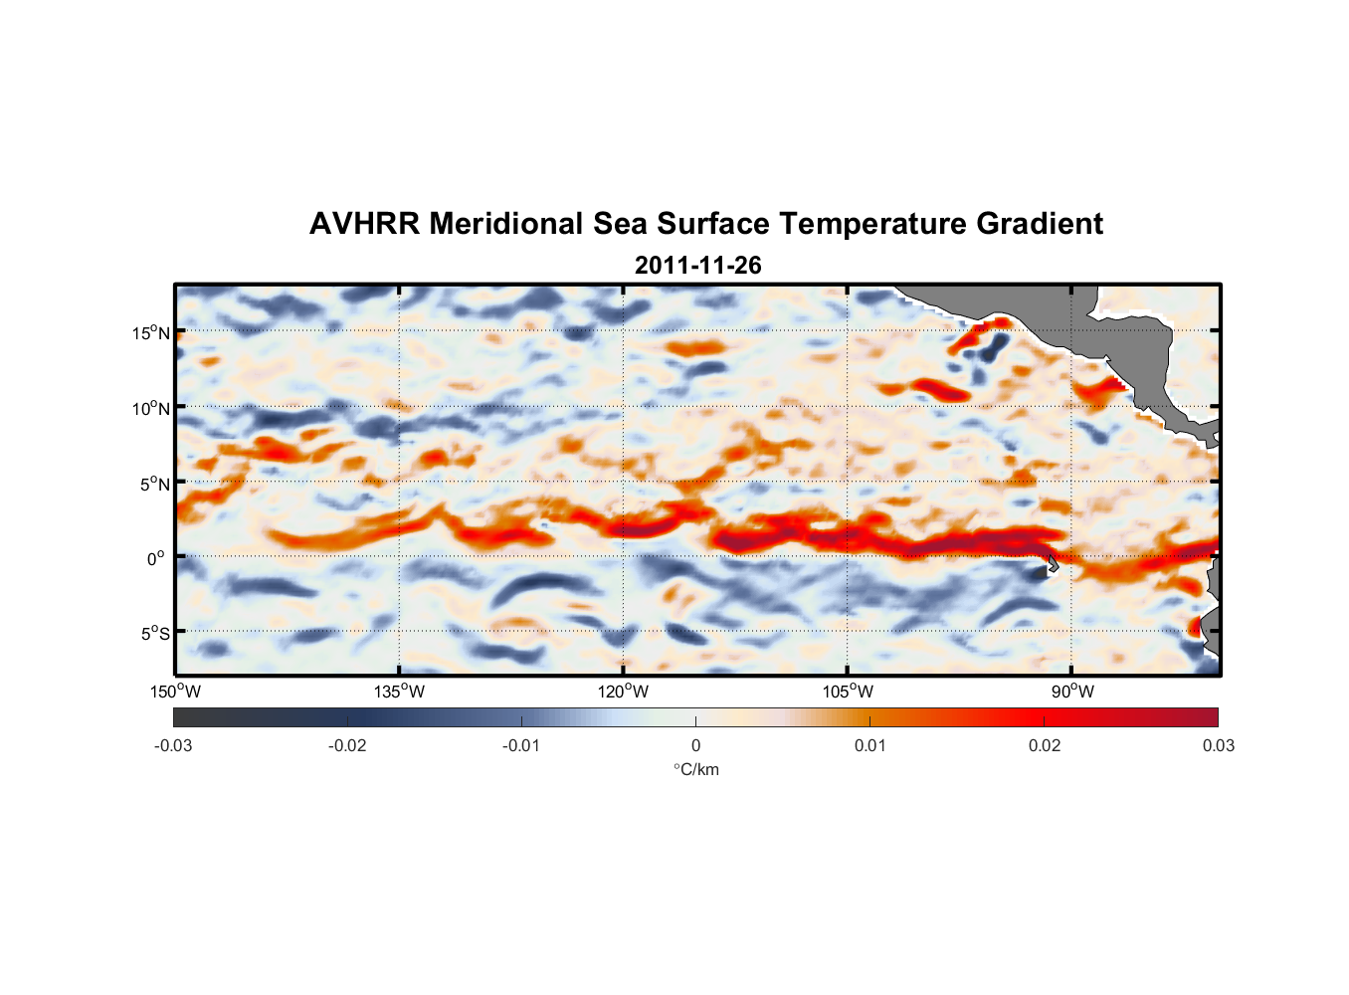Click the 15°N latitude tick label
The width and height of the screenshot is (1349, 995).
pyautogui.click(x=151, y=332)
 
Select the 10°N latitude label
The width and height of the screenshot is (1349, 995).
pyautogui.click(x=151, y=408)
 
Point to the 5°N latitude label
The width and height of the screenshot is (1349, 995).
pyautogui.click(x=151, y=484)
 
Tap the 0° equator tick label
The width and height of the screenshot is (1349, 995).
pyautogui.click(x=156, y=558)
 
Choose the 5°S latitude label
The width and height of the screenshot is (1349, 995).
pyautogui.click(x=151, y=633)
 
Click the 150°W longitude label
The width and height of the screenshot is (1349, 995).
pyautogui.click(x=176, y=692)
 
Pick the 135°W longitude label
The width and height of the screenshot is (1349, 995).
pyautogui.click(x=400, y=692)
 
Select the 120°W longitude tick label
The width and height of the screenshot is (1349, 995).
pyautogui.click(x=624, y=692)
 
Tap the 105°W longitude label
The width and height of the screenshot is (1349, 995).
pyautogui.click(x=848, y=692)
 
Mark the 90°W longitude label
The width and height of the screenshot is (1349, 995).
pyautogui.click(x=1072, y=692)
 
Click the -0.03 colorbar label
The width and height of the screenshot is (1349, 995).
pyautogui.click(x=173, y=745)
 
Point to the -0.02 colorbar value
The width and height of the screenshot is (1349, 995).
pyautogui.click(x=347, y=745)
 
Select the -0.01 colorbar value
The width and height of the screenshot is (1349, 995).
pyautogui.click(x=521, y=745)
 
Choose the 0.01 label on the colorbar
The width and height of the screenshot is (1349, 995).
pyautogui.click(x=869, y=745)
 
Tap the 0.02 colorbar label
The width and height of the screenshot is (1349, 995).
pyautogui.click(x=1045, y=745)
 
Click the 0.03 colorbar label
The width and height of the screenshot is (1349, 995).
pyautogui.click(x=1218, y=745)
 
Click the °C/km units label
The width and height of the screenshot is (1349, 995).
pyautogui.click(x=696, y=769)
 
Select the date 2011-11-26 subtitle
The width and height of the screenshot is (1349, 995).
pyautogui.click(x=697, y=266)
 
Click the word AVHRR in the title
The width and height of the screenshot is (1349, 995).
pyautogui.click(x=364, y=224)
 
